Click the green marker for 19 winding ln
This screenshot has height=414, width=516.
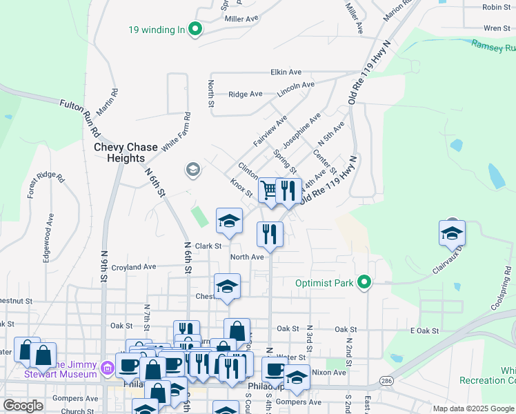coord(195,30)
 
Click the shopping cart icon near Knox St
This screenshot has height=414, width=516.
coord(268,190)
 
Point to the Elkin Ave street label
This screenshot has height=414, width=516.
coord(286,72)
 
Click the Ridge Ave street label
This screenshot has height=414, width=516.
coord(246,94)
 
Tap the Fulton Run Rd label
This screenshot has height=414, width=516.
coord(81,112)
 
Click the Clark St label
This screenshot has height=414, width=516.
coord(208,246)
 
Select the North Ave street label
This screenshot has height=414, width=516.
coord(247,257)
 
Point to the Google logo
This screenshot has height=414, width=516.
coord(23,406)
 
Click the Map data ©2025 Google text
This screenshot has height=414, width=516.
coord(473,408)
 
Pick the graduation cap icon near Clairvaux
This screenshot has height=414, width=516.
coord(452,235)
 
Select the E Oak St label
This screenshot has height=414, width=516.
coord(424,331)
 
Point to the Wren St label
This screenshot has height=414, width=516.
coord(496,28)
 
